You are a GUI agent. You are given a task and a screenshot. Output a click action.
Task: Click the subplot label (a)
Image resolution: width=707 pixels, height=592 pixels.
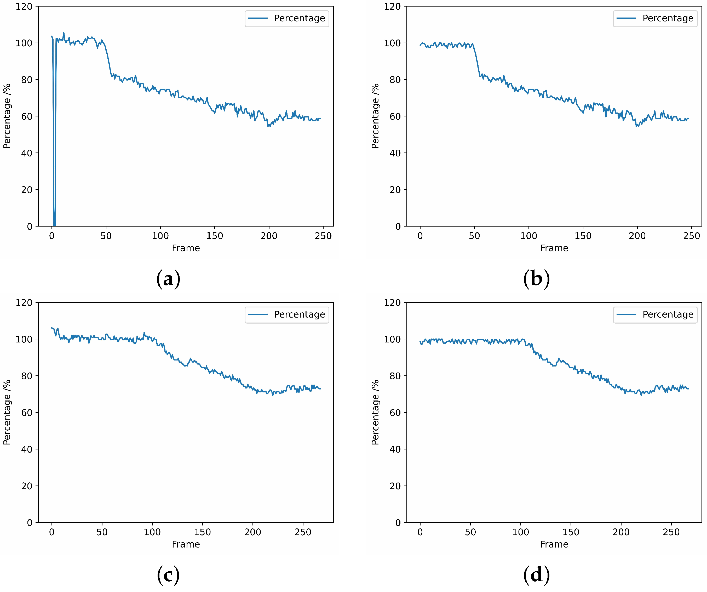coord(168,279)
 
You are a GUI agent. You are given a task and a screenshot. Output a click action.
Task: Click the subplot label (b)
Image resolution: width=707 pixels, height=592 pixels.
coord(536,279)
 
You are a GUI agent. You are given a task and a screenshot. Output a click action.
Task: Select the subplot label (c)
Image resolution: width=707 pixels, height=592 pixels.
coord(168,575)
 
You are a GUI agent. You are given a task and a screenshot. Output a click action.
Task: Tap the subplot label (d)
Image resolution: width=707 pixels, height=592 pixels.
coord(536,575)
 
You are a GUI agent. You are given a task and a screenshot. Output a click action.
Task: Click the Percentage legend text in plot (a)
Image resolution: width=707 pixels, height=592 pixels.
coord(299,18)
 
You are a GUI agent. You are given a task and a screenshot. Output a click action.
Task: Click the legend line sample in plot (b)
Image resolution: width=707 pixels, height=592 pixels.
coord(626,18)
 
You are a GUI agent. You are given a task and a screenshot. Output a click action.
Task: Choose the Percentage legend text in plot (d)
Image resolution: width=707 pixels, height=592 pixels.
coord(668,314)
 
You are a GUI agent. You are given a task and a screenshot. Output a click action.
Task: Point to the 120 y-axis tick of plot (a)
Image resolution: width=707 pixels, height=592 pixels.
coord(24,6)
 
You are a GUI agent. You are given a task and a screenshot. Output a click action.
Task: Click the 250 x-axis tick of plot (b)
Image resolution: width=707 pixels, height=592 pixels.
coord(692,236)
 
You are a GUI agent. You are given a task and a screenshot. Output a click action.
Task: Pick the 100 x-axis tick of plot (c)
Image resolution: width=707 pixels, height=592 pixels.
coord(152,532)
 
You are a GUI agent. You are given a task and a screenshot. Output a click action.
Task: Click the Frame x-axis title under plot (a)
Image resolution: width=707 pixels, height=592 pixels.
coord(186,248)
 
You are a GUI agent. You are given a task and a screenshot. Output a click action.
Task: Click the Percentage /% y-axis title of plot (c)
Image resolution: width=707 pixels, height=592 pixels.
coord(7,413)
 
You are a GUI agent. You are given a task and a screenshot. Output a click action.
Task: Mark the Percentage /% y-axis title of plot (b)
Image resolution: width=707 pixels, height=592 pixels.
coord(375,116)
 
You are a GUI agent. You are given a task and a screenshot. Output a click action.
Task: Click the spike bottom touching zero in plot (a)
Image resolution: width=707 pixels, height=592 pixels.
coord(54,225)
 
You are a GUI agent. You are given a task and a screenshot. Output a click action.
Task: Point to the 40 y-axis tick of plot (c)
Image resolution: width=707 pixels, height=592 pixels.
coord(27,449)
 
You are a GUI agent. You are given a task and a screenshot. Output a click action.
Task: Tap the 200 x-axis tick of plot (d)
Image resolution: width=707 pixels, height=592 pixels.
coord(621,532)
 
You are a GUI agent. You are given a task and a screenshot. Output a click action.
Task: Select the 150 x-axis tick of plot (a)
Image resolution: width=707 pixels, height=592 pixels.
coord(215,236)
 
